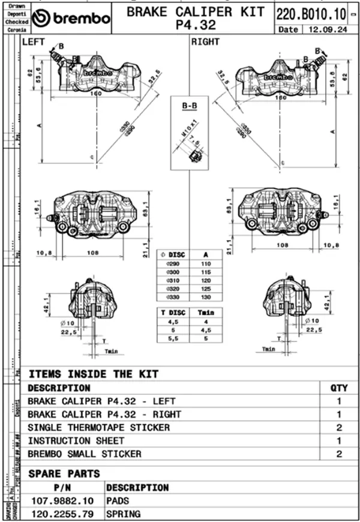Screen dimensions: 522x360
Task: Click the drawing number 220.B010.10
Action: (x=311, y=13)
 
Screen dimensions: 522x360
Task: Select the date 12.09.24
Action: (x=328, y=29)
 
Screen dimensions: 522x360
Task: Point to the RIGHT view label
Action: (x=205, y=42)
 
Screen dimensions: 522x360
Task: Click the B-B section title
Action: (x=189, y=106)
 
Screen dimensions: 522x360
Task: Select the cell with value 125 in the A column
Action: (x=206, y=288)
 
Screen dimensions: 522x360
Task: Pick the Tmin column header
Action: (x=205, y=313)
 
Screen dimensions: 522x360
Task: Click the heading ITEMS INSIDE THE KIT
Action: (x=94, y=374)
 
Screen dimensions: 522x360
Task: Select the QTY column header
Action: (x=339, y=388)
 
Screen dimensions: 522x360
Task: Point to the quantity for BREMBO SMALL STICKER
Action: (x=339, y=454)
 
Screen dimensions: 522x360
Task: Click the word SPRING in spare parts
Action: (x=123, y=514)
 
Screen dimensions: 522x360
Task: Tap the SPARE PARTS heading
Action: (x=64, y=473)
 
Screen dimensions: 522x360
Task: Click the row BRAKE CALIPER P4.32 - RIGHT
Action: (x=104, y=415)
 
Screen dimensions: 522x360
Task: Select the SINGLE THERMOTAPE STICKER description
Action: (x=98, y=428)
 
